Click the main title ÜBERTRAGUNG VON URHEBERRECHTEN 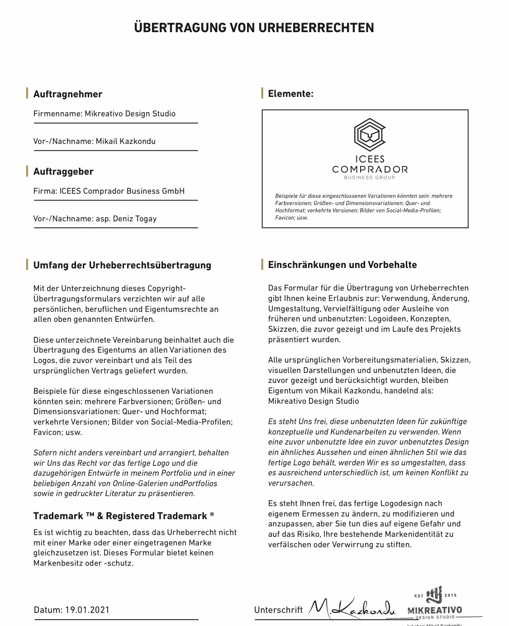point(254,28)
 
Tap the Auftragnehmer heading point(68,94)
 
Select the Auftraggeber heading point(63,172)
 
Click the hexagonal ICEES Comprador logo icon point(370,134)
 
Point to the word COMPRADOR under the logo point(370,169)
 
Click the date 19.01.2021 point(87,610)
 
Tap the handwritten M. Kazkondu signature point(352,608)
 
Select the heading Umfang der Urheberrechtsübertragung point(122,265)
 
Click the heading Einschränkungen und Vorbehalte point(343,265)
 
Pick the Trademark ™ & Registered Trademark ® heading point(124,516)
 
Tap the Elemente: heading point(290,94)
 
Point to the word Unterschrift point(278,610)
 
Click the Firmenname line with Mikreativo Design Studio point(105,114)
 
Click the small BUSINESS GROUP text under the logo point(370,177)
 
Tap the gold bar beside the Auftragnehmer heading point(27,94)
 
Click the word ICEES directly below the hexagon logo point(370,159)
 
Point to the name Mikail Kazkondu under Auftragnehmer point(126,141)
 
